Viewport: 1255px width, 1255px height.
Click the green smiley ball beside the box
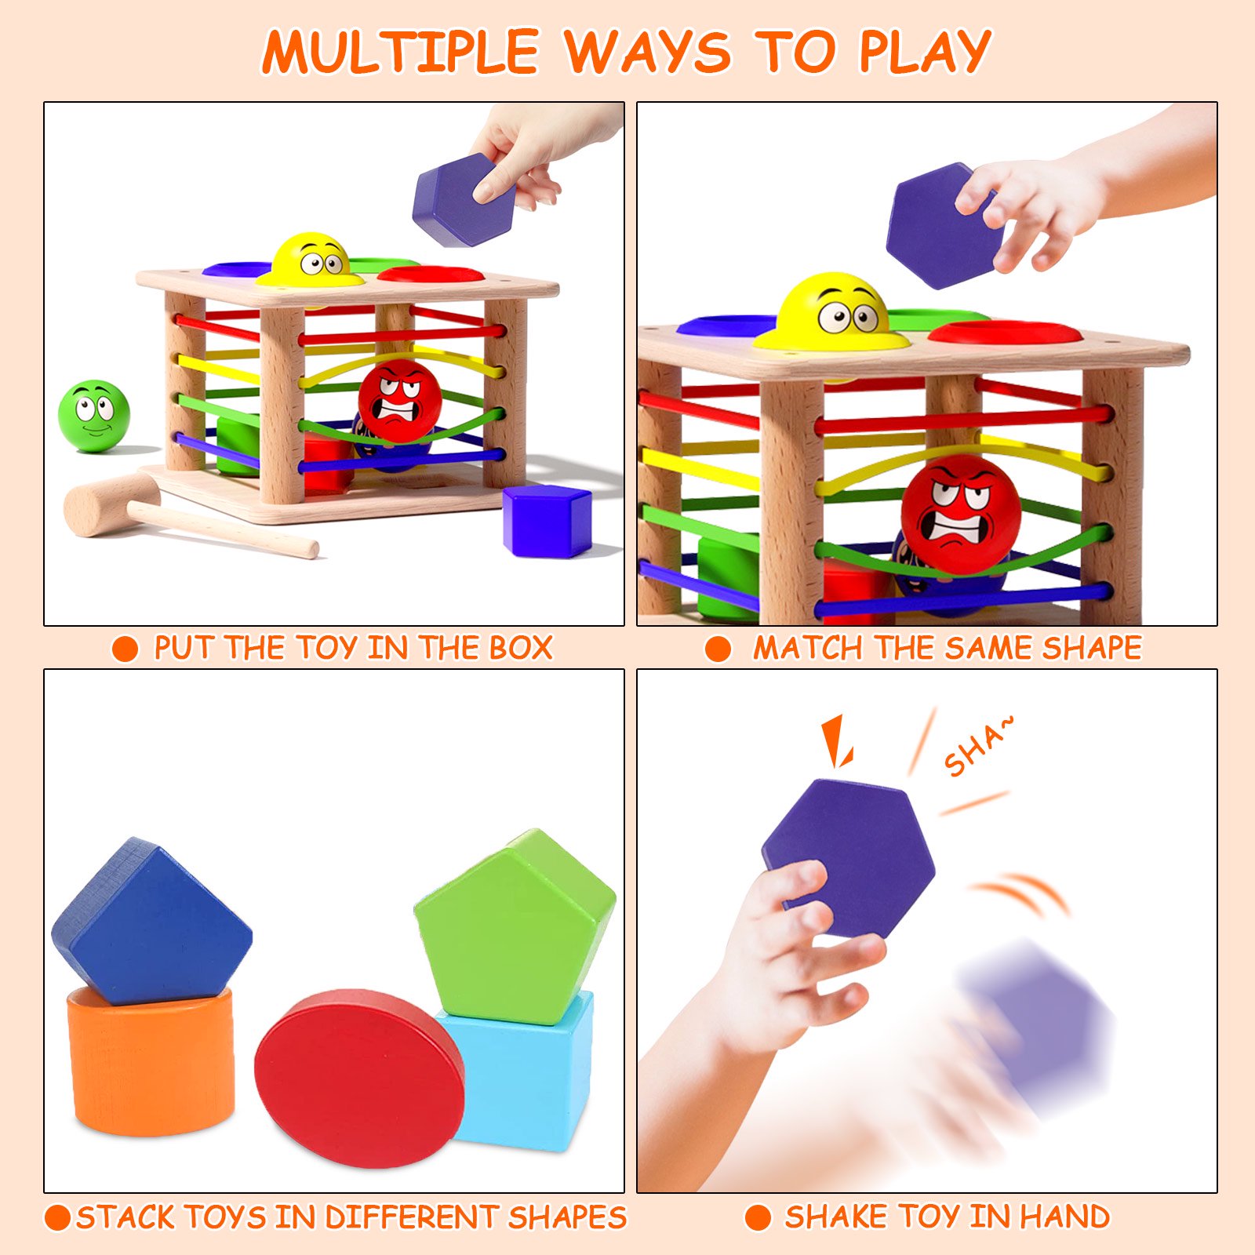(x=94, y=416)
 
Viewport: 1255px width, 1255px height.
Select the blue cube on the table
(x=547, y=520)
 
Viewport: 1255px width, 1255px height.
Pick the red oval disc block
(x=359, y=1078)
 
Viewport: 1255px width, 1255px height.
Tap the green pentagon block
(x=515, y=926)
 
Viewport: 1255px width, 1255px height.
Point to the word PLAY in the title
(x=925, y=52)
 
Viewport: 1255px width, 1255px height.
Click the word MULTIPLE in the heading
(x=401, y=52)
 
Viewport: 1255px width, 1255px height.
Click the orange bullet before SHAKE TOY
(x=758, y=1217)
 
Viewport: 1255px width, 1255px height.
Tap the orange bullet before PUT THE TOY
(x=125, y=649)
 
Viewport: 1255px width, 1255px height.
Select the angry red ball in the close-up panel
(x=961, y=514)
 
